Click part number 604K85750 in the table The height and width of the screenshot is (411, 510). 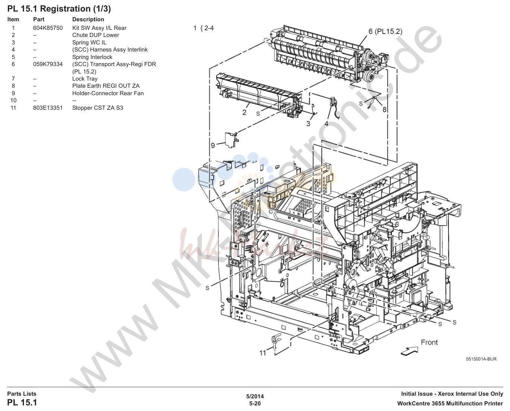48,28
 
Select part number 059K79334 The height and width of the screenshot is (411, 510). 48,64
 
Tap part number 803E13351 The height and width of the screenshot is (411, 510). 48,108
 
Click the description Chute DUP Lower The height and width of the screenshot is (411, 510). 95,35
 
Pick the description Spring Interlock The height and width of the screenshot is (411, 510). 92,57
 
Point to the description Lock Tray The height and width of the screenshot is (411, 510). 85,79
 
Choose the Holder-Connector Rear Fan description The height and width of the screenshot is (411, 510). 108,93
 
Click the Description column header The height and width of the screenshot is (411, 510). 88,19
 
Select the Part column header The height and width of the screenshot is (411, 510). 39,19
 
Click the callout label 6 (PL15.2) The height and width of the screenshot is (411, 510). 385,32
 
